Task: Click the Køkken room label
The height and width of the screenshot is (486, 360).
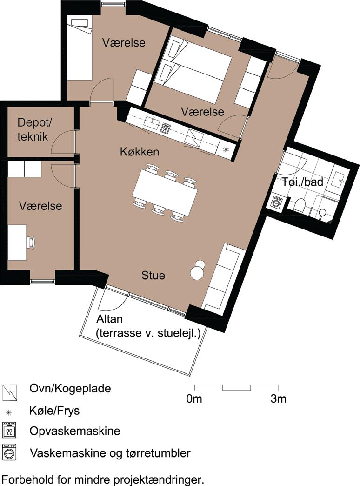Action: point(140,152)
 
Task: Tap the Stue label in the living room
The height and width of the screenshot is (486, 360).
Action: point(153,275)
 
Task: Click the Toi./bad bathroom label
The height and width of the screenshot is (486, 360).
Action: point(302,182)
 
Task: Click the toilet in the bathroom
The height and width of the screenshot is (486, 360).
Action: point(299,206)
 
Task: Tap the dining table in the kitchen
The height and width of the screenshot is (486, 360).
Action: point(165,193)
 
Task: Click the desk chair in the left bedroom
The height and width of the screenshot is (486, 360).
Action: point(31,242)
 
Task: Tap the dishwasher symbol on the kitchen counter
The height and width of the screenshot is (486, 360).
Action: point(166,128)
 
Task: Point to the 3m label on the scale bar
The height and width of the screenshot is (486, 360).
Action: point(278,399)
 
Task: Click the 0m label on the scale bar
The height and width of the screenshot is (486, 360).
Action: point(194,399)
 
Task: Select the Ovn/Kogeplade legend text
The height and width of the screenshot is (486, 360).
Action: point(70,388)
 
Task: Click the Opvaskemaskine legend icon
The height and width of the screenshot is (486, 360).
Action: point(9,430)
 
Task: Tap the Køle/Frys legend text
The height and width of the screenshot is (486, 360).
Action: point(54,411)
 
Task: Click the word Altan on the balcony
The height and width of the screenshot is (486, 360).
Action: point(109,319)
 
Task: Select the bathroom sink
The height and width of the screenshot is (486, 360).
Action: point(338,179)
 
